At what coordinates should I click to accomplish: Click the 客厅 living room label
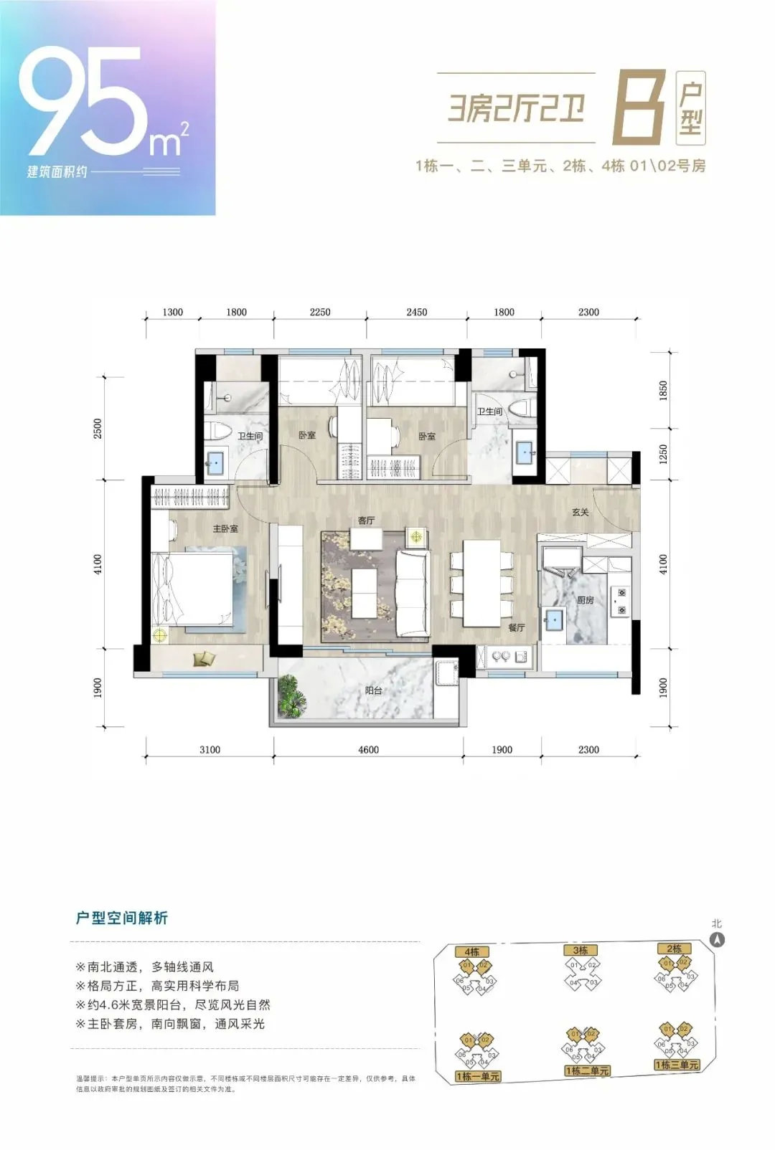point(366,521)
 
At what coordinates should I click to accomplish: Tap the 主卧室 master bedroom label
point(225,528)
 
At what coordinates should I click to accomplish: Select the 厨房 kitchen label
point(586,601)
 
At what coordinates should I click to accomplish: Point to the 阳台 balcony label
point(373,690)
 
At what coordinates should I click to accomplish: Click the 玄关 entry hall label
point(581,513)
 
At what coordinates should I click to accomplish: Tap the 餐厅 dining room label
point(517,627)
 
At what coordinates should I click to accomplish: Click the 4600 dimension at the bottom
point(368,750)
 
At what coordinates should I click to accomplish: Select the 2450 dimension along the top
point(416,312)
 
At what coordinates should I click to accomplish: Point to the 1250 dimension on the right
point(664,453)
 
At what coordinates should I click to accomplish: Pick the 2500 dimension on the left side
point(98,429)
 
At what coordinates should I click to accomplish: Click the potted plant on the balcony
point(293,695)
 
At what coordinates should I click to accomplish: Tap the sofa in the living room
point(412,592)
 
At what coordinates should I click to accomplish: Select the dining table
point(482,582)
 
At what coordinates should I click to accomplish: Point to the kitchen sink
point(553,619)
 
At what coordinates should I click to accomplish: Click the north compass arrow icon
point(717,940)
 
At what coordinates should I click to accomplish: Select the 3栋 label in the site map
point(581,951)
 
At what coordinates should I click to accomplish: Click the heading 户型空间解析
point(121,918)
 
